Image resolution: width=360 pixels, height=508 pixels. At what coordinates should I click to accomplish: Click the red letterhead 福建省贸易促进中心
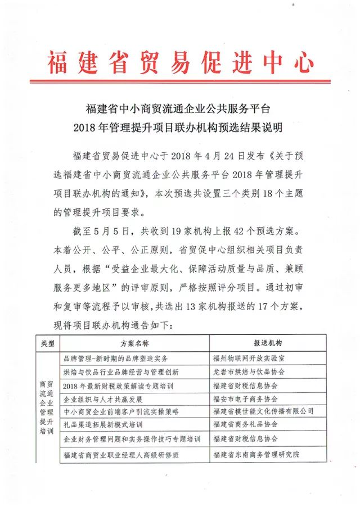point(180,62)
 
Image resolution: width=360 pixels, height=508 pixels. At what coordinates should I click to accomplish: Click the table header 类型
point(47,343)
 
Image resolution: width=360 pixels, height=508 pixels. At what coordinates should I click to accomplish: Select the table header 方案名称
point(134,343)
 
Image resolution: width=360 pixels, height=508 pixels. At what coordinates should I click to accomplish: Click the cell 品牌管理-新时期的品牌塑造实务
point(116,358)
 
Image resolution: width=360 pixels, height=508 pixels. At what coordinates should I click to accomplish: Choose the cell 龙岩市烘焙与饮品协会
point(249,371)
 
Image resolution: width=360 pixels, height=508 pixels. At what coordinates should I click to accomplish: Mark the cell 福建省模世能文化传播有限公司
point(263,412)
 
